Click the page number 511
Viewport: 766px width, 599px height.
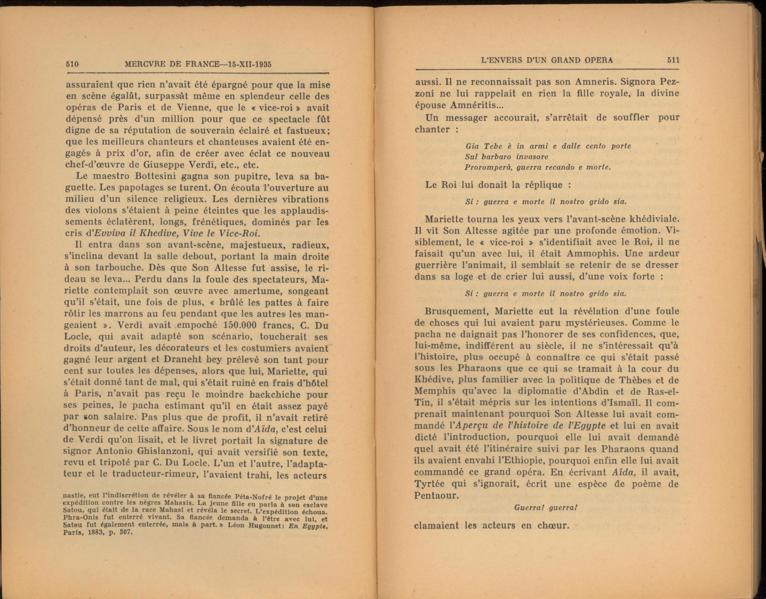click(x=673, y=60)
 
